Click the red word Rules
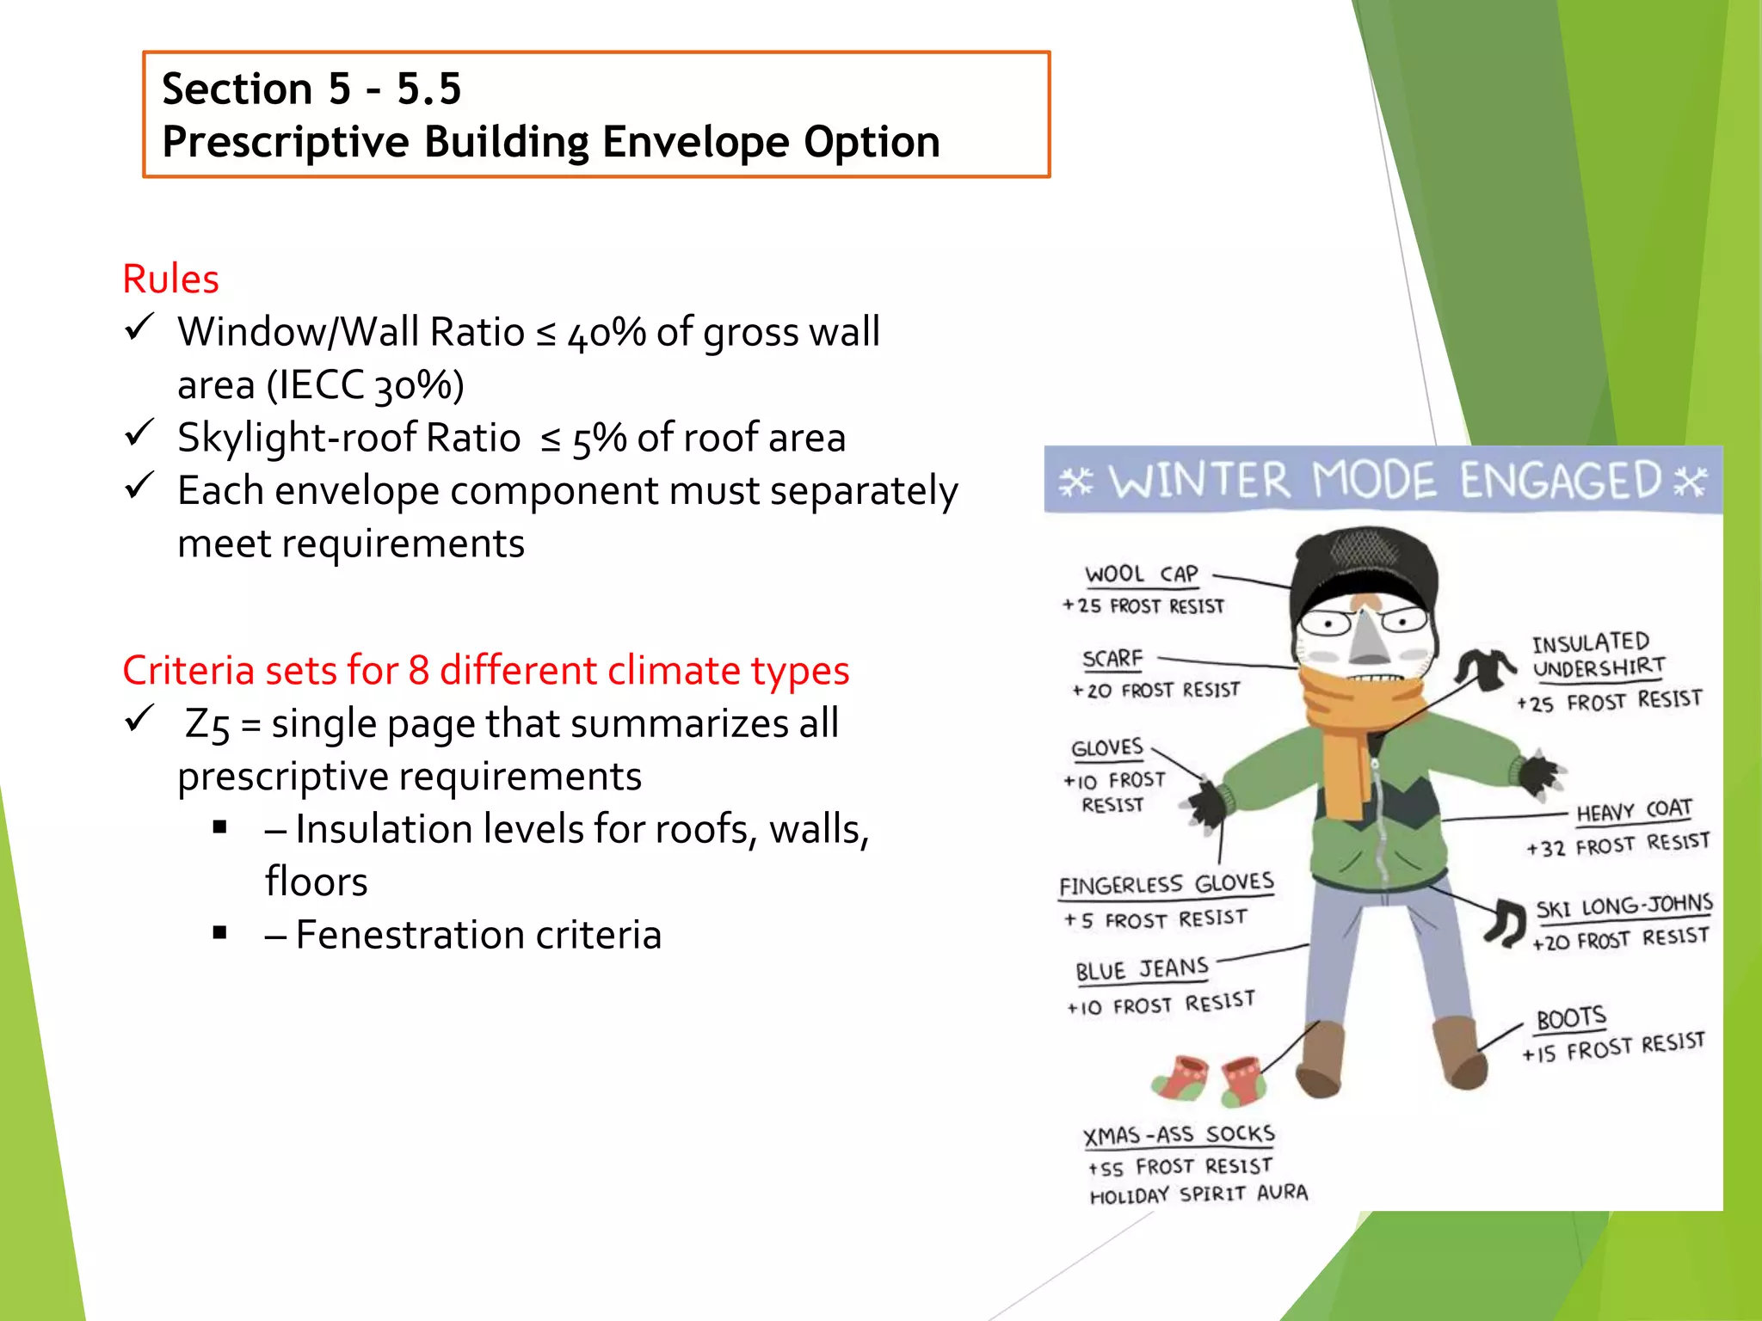pyautogui.click(x=170, y=280)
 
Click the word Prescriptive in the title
pyautogui.click(x=285, y=142)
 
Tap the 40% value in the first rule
pyautogui.click(x=607, y=333)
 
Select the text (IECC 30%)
pyautogui.click(x=365, y=385)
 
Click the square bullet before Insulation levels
pyautogui.click(x=220, y=827)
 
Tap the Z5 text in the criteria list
pyautogui.click(x=207, y=724)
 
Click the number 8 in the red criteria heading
pyautogui.click(x=419, y=671)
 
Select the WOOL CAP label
pyautogui.click(x=1141, y=574)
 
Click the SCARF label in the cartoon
pyautogui.click(x=1112, y=659)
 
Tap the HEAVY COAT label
pyautogui.click(x=1633, y=811)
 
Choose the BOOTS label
pyautogui.click(x=1571, y=1018)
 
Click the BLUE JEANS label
pyautogui.click(x=1142, y=970)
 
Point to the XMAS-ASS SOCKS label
pyautogui.click(x=1178, y=1135)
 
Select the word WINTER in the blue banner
pyautogui.click(x=1199, y=481)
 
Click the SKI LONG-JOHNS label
pyautogui.click(x=1624, y=906)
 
